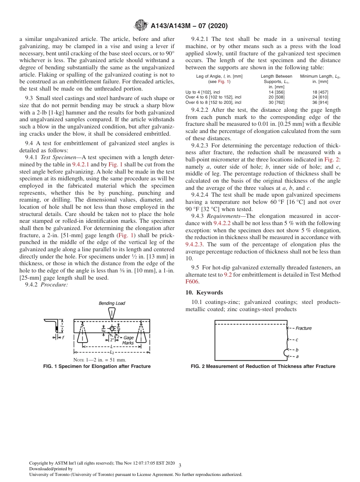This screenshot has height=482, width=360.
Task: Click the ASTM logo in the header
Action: [x=141, y=26]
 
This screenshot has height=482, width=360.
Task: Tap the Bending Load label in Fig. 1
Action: [x=112, y=303]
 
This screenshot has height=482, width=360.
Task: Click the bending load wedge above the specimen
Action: [x=112, y=313]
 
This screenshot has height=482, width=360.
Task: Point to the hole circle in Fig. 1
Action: [x=112, y=328]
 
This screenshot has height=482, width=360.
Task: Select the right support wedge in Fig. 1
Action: [x=141, y=334]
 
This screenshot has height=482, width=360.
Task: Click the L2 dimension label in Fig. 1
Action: [x=111, y=353]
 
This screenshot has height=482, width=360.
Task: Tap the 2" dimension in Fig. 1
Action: [x=112, y=340]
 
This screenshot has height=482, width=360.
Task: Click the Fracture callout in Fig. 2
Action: [x=303, y=328]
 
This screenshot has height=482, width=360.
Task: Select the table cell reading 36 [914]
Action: [x=320, y=102]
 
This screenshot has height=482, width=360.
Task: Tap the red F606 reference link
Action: [x=192, y=282]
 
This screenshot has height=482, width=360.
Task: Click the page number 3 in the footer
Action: [x=180, y=465]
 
